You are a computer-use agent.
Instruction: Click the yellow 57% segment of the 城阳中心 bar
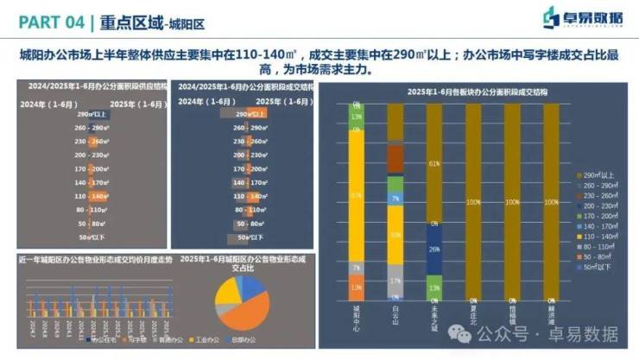click(356, 196)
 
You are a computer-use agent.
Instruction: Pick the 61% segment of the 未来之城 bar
click(434, 162)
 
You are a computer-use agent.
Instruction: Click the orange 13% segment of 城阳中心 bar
click(356, 287)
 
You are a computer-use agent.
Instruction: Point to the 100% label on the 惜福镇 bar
click(512, 202)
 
